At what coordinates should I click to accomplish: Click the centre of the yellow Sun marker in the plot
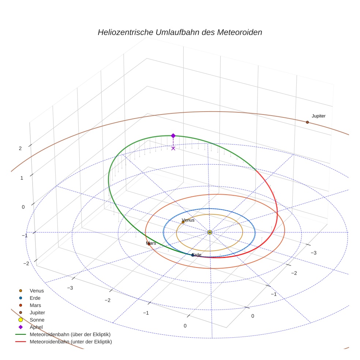[210, 232]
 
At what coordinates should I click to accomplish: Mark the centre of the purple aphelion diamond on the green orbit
[173, 136]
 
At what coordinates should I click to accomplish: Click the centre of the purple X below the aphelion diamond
[173, 148]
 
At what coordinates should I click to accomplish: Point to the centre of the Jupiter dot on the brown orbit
[307, 122]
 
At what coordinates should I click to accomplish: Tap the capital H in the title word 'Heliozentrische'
[101, 32]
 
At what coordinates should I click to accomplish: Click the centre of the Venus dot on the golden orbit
[183, 222]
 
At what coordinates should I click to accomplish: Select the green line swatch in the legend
[20, 334]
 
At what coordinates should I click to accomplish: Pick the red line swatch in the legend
[20, 342]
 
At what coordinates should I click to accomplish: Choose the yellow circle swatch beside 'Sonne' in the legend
[20, 320]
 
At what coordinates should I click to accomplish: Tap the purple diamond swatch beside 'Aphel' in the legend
[20, 327]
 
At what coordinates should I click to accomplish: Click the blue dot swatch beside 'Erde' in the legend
[20, 298]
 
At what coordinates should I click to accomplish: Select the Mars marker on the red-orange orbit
[149, 244]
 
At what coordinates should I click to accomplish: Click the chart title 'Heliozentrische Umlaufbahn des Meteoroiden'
[180, 32]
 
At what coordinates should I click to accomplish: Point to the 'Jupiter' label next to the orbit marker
[318, 116]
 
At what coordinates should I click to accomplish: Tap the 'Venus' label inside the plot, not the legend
[188, 220]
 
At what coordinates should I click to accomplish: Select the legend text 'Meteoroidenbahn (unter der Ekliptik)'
[71, 342]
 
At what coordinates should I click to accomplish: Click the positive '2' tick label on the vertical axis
[20, 149]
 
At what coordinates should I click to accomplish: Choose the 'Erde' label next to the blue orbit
[196, 255]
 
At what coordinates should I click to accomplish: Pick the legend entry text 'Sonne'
[37, 320]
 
